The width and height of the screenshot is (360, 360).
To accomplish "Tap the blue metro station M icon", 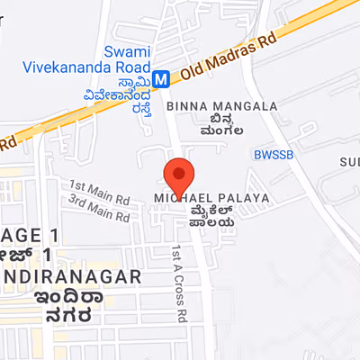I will pos(161,78).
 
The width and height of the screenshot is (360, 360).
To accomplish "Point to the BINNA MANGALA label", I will pos(221,106).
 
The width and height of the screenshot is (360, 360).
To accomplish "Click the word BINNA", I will pos(186,106).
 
